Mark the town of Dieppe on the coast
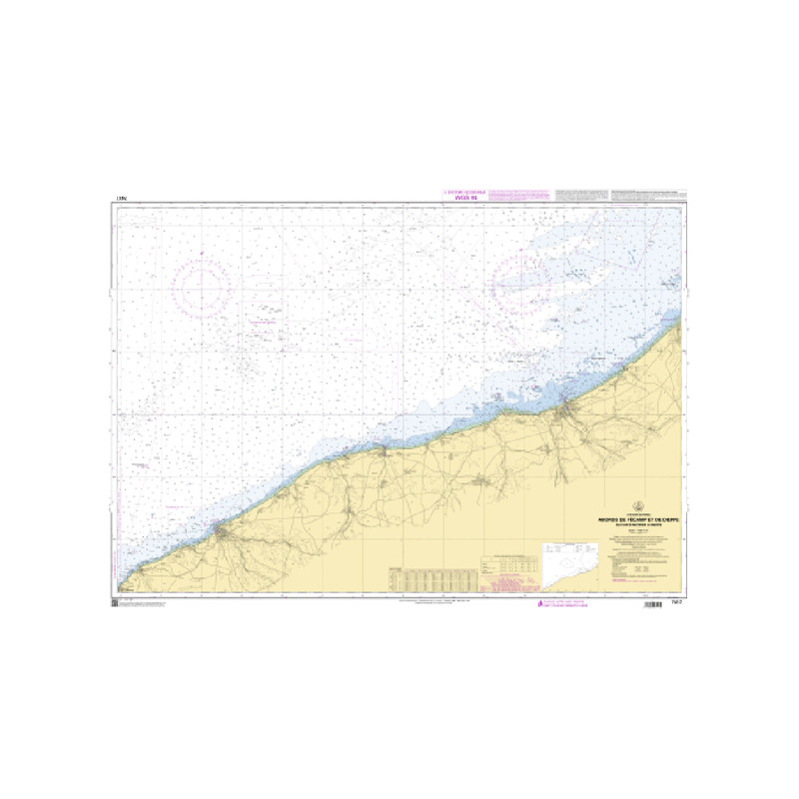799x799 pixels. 566,406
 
